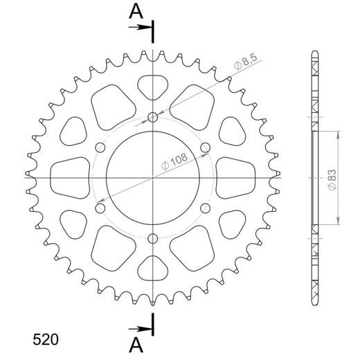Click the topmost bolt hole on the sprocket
pyautogui.click(x=153, y=117)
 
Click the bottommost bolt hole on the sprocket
pyautogui.click(x=153, y=239)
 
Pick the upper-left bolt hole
pyautogui.click(x=100, y=147)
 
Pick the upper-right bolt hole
pyautogui.click(x=206, y=147)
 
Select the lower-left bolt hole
pyautogui.click(x=100, y=208)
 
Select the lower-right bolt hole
pyautogui.click(x=206, y=208)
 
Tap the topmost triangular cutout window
pyautogui.click(x=153, y=87)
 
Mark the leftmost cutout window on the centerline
pyautogui.click(x=71, y=178)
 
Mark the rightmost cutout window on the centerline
pyautogui.click(x=234, y=178)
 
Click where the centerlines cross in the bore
pyautogui.click(x=153, y=178)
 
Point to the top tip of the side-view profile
pyautogui.click(x=315, y=53)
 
